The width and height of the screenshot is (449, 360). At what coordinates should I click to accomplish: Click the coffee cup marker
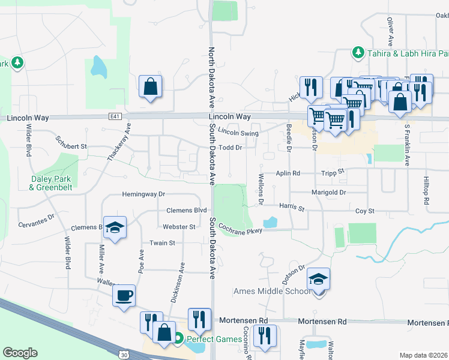pos(124,296)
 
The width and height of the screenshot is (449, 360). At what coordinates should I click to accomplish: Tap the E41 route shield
pos(115,116)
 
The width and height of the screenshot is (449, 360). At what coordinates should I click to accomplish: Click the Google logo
pos(20,353)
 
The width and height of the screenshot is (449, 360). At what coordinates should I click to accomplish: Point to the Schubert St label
pos(71,146)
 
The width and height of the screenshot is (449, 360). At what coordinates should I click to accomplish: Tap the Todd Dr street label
pos(230,147)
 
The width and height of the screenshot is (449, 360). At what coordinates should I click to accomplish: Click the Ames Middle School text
pos(272,292)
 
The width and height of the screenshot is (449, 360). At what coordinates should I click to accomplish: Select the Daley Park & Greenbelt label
pos(50,183)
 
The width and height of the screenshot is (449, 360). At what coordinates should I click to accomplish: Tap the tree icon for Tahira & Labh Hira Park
pos(358,52)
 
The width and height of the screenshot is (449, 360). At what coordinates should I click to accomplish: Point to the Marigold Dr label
pos(328,193)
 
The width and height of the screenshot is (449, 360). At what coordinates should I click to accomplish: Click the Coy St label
pos(364,211)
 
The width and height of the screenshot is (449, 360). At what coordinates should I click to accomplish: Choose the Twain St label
pos(162,243)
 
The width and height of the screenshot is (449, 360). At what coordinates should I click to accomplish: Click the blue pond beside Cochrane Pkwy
pos(270,222)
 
